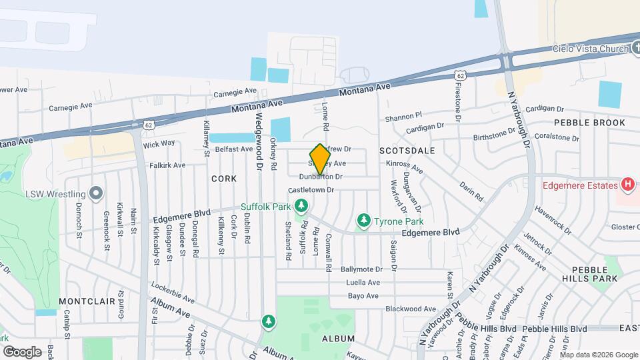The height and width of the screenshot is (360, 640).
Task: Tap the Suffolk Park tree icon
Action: click(302, 205)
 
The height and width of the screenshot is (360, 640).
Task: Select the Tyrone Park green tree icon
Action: click(363, 219)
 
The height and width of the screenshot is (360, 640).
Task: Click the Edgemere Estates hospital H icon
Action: click(627, 185)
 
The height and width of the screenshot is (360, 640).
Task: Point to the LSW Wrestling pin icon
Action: click(96, 194)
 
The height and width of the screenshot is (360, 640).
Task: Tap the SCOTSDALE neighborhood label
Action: click(407, 151)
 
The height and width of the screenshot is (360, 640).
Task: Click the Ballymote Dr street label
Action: click(361, 270)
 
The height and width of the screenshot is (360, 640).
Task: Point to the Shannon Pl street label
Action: click(403, 117)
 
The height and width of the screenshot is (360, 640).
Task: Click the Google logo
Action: click(22, 351)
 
